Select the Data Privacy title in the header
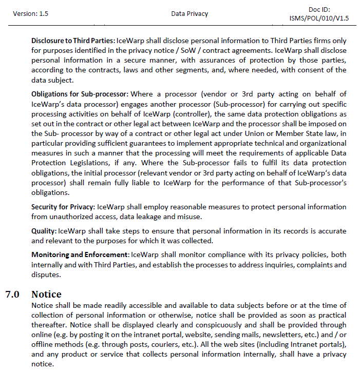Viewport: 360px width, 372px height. (190, 14)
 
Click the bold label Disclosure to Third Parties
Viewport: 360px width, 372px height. (73, 41)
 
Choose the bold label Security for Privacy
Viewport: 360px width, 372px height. (63, 207)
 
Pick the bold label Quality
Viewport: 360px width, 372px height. (44, 230)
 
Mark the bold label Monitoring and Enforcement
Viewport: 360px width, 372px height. (80, 254)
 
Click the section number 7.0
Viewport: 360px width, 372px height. (12, 295)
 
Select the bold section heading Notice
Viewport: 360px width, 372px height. (46, 295)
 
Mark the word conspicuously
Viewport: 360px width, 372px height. (182, 325)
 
